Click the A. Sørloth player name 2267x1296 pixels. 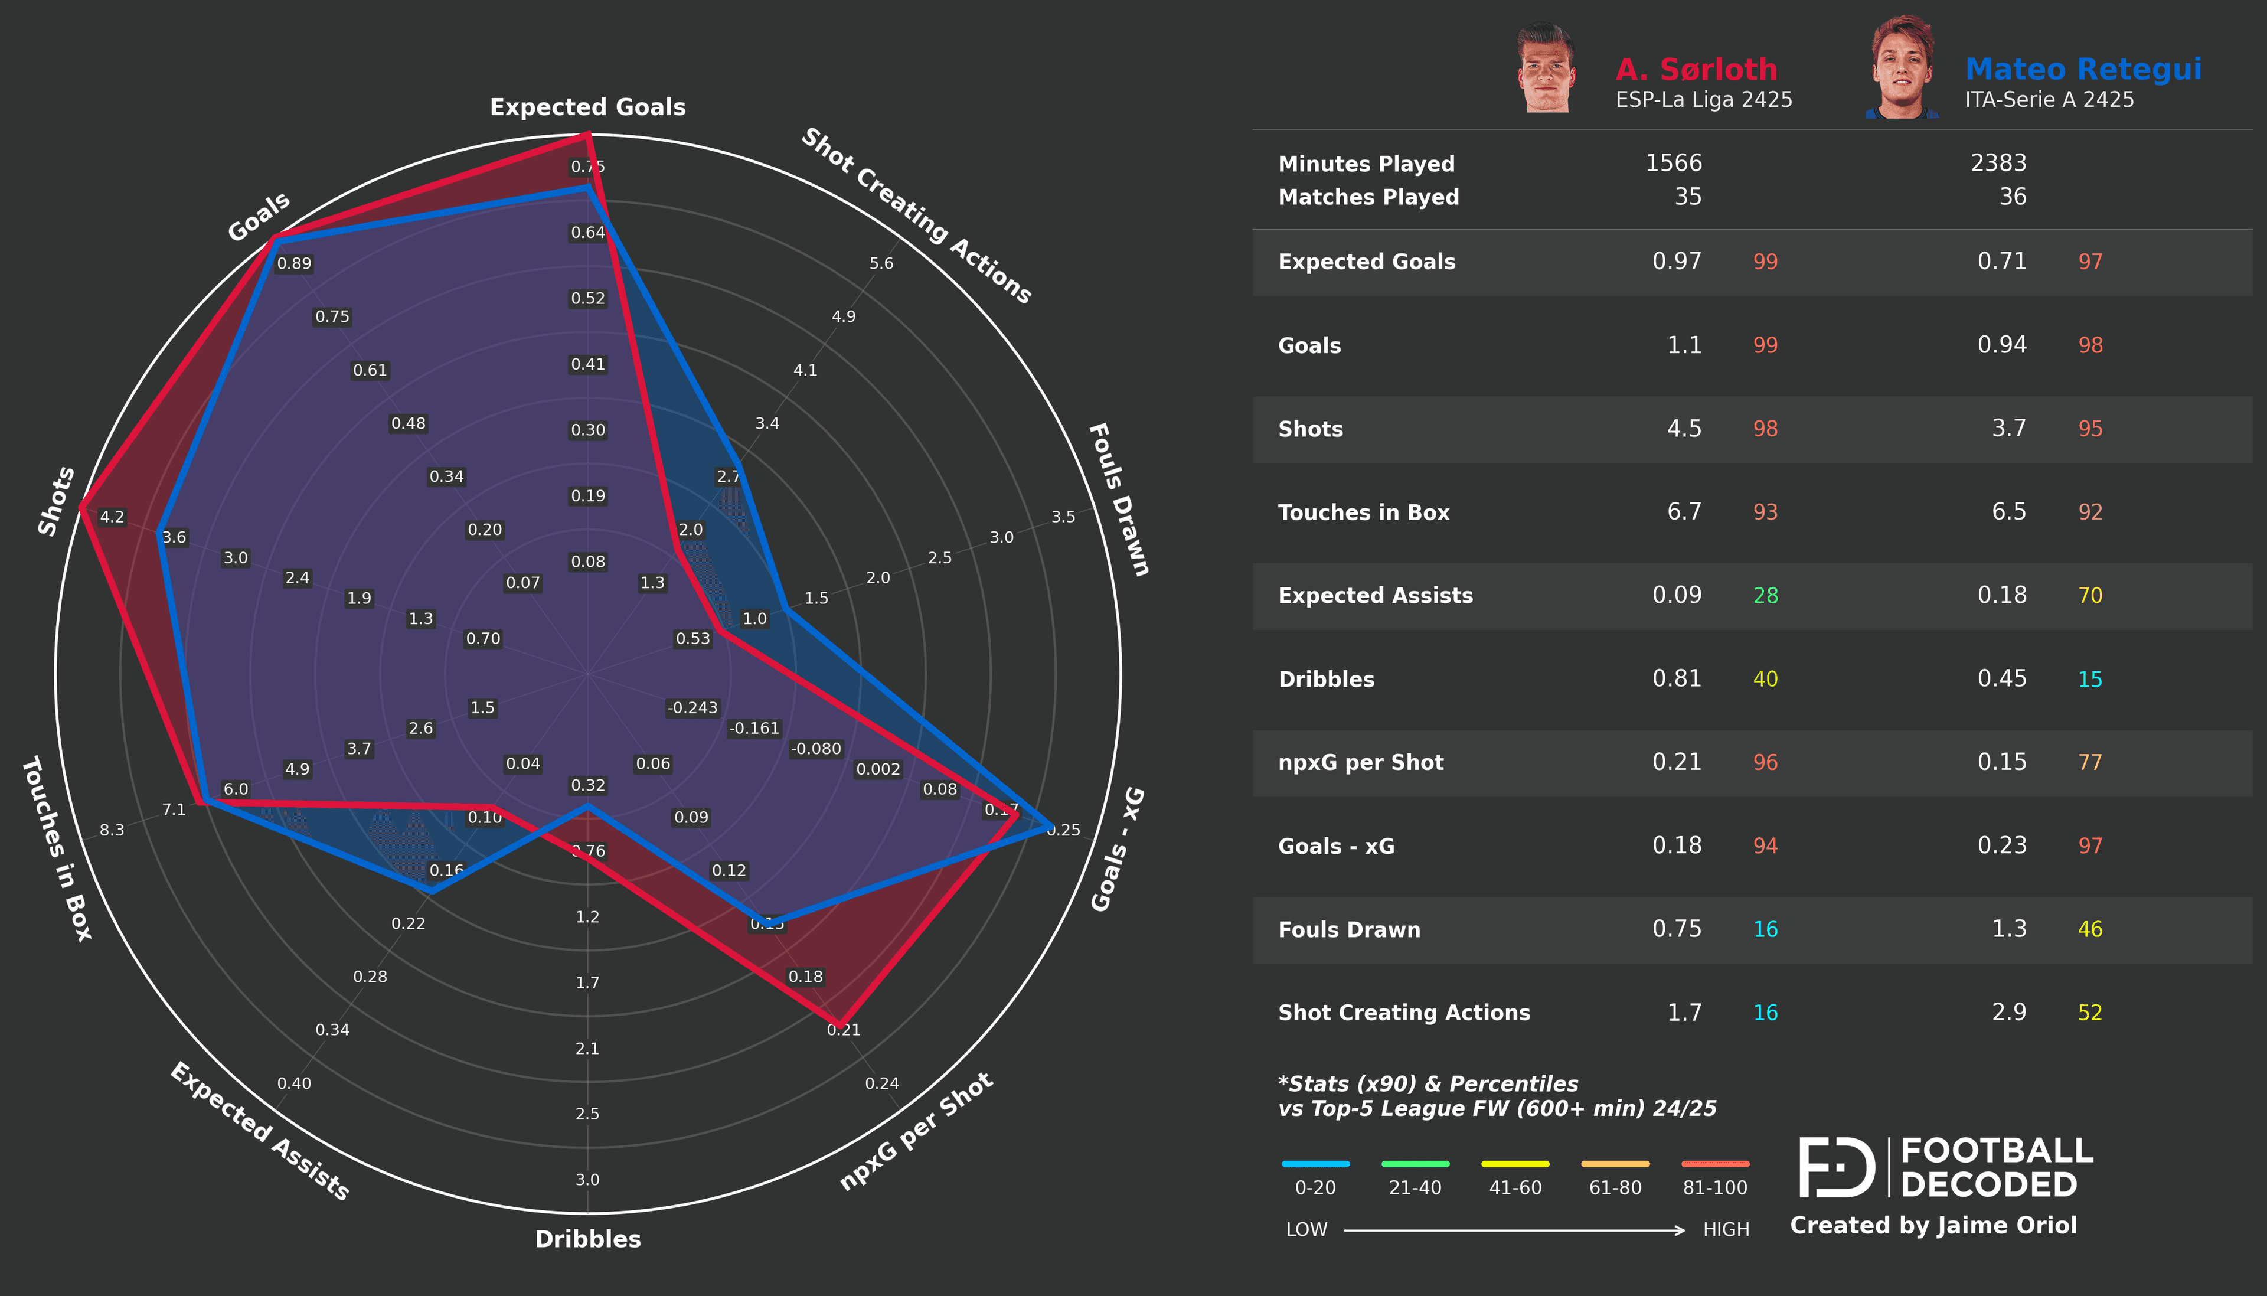[1696, 70]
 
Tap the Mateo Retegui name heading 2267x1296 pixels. [2083, 70]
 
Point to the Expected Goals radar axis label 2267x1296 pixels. [587, 107]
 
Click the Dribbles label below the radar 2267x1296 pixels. [587, 1238]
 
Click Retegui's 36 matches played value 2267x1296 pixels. [2013, 197]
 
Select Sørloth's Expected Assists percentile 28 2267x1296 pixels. [1765, 596]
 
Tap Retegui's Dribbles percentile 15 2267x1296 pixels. [2090, 679]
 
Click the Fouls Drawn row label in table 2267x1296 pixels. [1349, 929]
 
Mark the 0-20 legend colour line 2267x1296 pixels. [1315, 1163]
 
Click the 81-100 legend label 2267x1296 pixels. [1714, 1187]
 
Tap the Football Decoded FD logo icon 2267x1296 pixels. [1835, 1167]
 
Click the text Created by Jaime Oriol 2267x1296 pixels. [1932, 1226]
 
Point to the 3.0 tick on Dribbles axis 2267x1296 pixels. [587, 1180]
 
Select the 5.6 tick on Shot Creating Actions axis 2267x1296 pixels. [881, 263]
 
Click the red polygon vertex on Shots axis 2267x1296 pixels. [81, 507]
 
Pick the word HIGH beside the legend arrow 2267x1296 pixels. [1725, 1229]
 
